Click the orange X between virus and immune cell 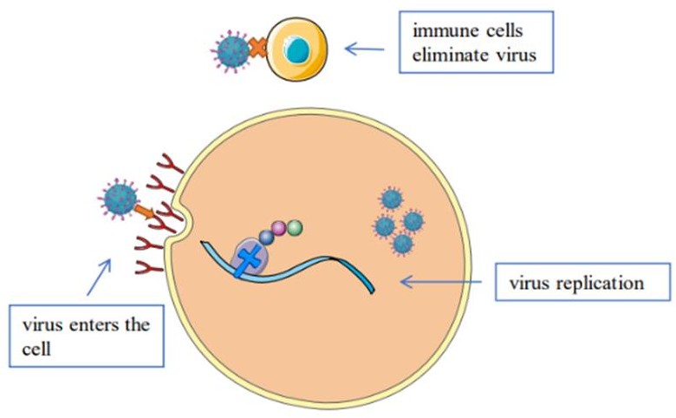257,48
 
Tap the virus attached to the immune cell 231,50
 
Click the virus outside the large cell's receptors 120,199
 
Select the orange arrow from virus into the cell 146,211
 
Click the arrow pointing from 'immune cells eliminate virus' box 365,49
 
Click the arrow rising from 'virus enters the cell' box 101,275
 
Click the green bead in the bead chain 295,227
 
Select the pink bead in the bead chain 279,229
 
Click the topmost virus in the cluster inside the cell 392,199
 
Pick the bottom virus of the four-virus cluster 401,245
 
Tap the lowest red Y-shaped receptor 149,267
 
